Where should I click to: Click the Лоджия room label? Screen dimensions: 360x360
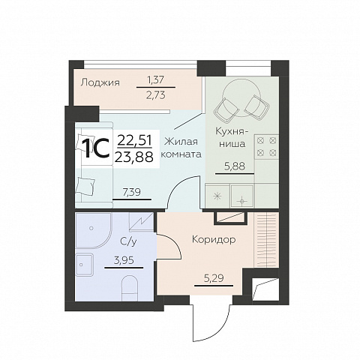click(100, 82)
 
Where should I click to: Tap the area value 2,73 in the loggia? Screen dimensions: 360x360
click(156, 95)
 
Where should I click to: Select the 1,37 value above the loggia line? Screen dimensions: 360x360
click(155, 80)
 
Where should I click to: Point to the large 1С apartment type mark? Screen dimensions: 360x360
click(97, 148)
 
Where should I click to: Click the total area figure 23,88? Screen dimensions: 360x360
click(134, 157)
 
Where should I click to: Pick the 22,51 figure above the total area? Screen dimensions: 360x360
click(134, 141)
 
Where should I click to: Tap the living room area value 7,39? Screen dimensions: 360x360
click(132, 192)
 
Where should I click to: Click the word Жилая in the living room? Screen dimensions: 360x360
click(181, 142)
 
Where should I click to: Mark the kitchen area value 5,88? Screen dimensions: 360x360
click(235, 166)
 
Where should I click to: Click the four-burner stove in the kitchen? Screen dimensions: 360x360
click(267, 147)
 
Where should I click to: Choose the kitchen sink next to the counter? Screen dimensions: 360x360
click(241, 196)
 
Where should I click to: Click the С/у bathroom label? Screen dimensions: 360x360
click(128, 241)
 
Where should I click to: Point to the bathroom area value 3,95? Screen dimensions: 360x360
click(124, 261)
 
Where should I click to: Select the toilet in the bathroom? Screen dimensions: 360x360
click(130, 288)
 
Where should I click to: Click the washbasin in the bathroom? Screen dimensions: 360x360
click(84, 265)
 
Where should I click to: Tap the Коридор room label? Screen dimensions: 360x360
click(214, 239)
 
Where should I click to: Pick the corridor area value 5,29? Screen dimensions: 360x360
click(214, 278)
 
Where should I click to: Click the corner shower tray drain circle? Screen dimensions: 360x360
click(91, 228)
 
